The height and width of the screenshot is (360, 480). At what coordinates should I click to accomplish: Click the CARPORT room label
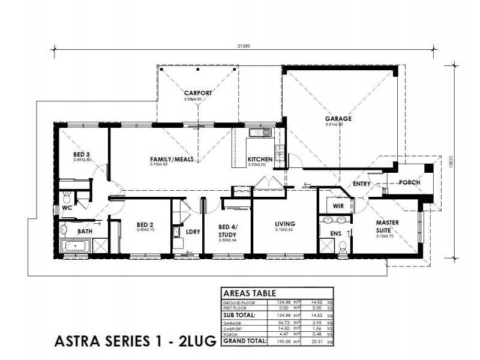[x=197, y=92]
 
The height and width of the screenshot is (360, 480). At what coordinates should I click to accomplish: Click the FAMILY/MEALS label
[x=167, y=159]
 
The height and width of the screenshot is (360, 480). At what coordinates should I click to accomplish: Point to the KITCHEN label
[x=260, y=159]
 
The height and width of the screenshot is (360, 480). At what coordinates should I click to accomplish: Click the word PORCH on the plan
[x=410, y=183]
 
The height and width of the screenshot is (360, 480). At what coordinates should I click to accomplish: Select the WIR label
[x=338, y=206]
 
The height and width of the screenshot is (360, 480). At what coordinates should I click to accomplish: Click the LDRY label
[x=193, y=231]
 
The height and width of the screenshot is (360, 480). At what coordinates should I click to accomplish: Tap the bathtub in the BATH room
[x=74, y=247]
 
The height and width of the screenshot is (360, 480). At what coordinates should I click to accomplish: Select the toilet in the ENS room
[x=343, y=245]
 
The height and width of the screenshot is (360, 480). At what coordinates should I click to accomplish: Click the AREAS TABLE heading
[x=250, y=294]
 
